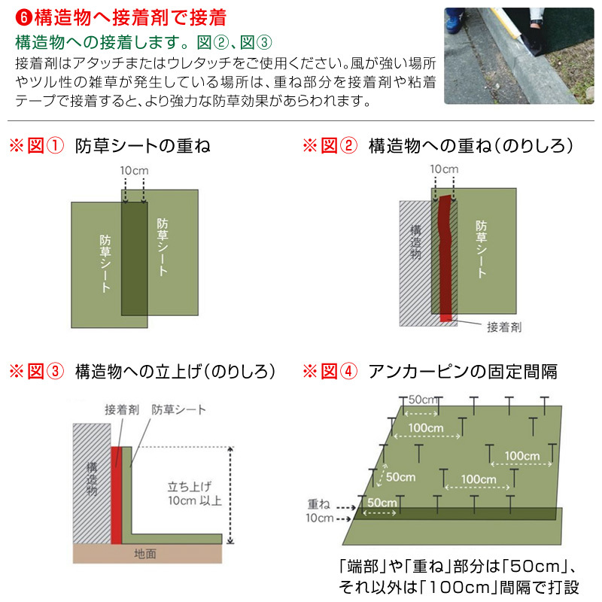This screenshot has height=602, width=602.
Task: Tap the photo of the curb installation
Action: tap(518, 56)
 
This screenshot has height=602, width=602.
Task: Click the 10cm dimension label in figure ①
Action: tap(135, 171)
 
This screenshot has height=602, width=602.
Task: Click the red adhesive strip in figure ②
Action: tap(445, 256)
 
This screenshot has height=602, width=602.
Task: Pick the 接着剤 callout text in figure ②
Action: tap(504, 327)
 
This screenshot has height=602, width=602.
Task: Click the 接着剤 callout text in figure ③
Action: tap(122, 410)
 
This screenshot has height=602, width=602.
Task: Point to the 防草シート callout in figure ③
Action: tap(178, 410)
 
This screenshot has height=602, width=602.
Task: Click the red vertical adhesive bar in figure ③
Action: tap(116, 493)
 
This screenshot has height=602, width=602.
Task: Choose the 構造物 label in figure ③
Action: tap(91, 479)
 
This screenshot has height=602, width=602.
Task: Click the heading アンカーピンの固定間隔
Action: tap(462, 371)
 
